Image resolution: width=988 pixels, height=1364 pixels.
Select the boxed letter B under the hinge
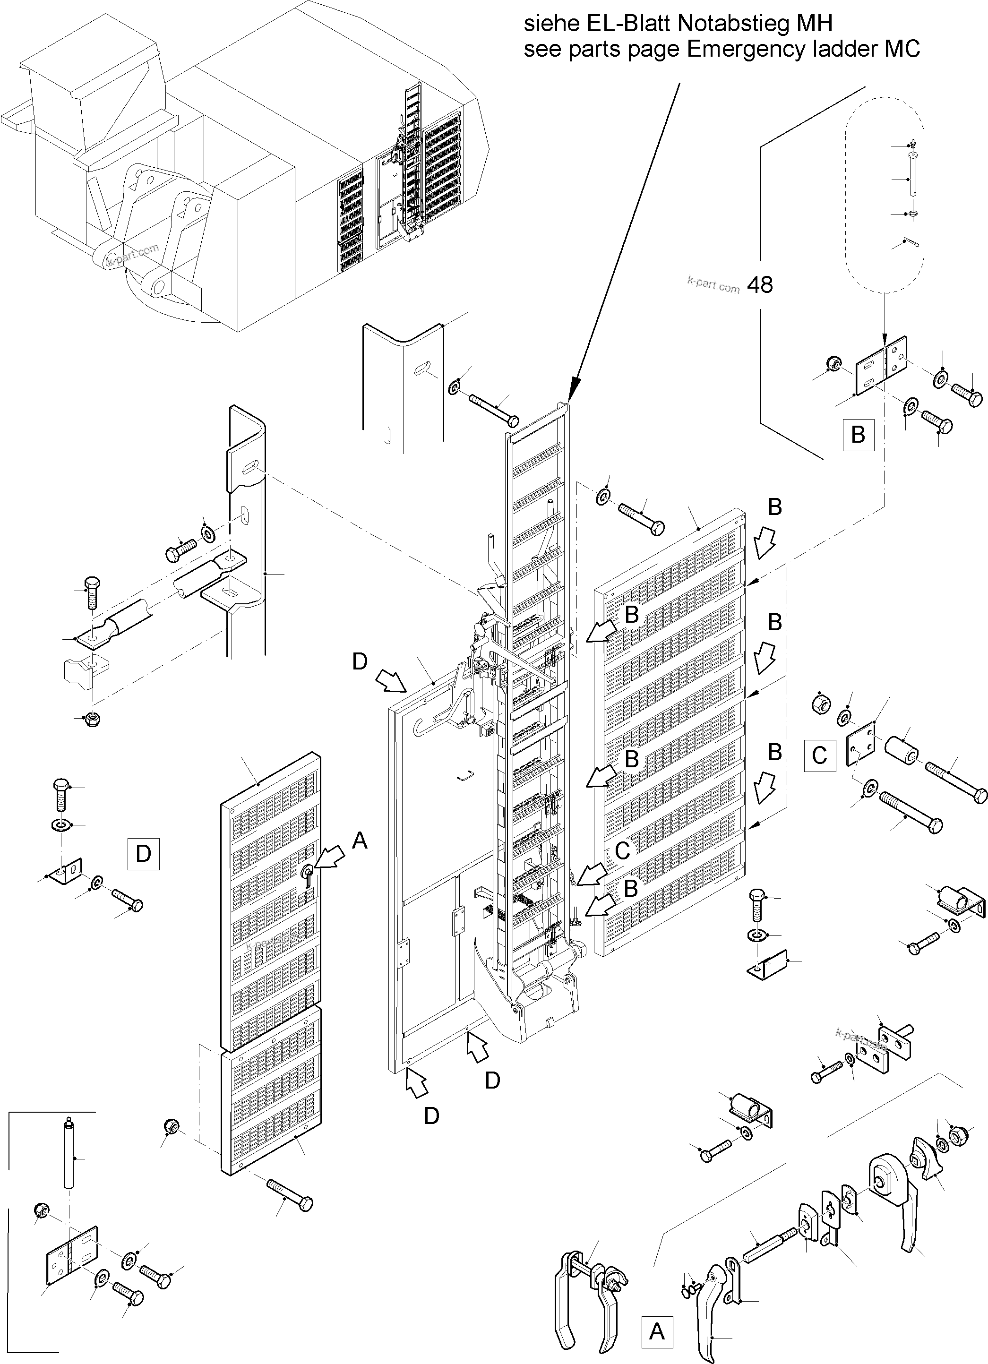(858, 434)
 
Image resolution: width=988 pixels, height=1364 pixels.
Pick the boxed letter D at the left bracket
(144, 853)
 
